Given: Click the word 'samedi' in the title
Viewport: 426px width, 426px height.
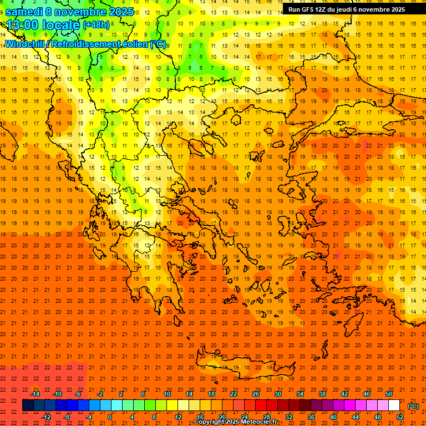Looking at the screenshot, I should pos(25,12).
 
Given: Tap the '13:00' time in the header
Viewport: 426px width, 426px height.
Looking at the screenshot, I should pos(22,25).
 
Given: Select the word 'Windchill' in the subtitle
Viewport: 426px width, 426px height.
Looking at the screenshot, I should pos(26,44).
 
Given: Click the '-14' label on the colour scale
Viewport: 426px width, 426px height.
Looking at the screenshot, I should pos(36,394).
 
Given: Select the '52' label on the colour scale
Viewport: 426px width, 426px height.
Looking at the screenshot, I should pos(400,417).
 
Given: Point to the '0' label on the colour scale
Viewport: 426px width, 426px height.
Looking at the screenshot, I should pos(110,417).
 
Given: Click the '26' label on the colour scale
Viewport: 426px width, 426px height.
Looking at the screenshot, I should pos(256,394).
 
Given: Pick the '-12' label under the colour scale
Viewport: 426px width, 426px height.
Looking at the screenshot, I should pos(47,417).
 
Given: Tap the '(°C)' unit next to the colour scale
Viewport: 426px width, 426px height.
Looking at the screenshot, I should pos(413,406).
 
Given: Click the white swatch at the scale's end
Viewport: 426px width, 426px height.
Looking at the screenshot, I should pos(394,405).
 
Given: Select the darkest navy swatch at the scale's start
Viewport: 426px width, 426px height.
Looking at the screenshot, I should pos(28,405).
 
